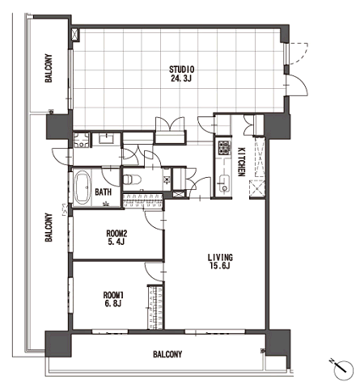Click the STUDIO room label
coord(181,70)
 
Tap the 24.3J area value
coord(181,78)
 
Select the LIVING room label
coord(220,257)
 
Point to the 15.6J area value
coord(220,266)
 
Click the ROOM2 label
coord(116,233)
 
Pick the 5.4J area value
coord(116,242)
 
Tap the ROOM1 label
coord(113,295)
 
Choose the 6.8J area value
coord(113,304)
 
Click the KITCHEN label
coord(241,162)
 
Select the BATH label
coord(104,192)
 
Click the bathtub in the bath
coord(83,188)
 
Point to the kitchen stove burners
coord(224,148)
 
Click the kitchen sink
coord(224,183)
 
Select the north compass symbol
coord(343,369)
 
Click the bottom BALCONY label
coord(167,354)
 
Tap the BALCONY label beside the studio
coord(49,68)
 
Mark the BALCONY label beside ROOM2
coord(49,227)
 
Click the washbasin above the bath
coord(107,139)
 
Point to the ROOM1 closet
coord(155,307)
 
